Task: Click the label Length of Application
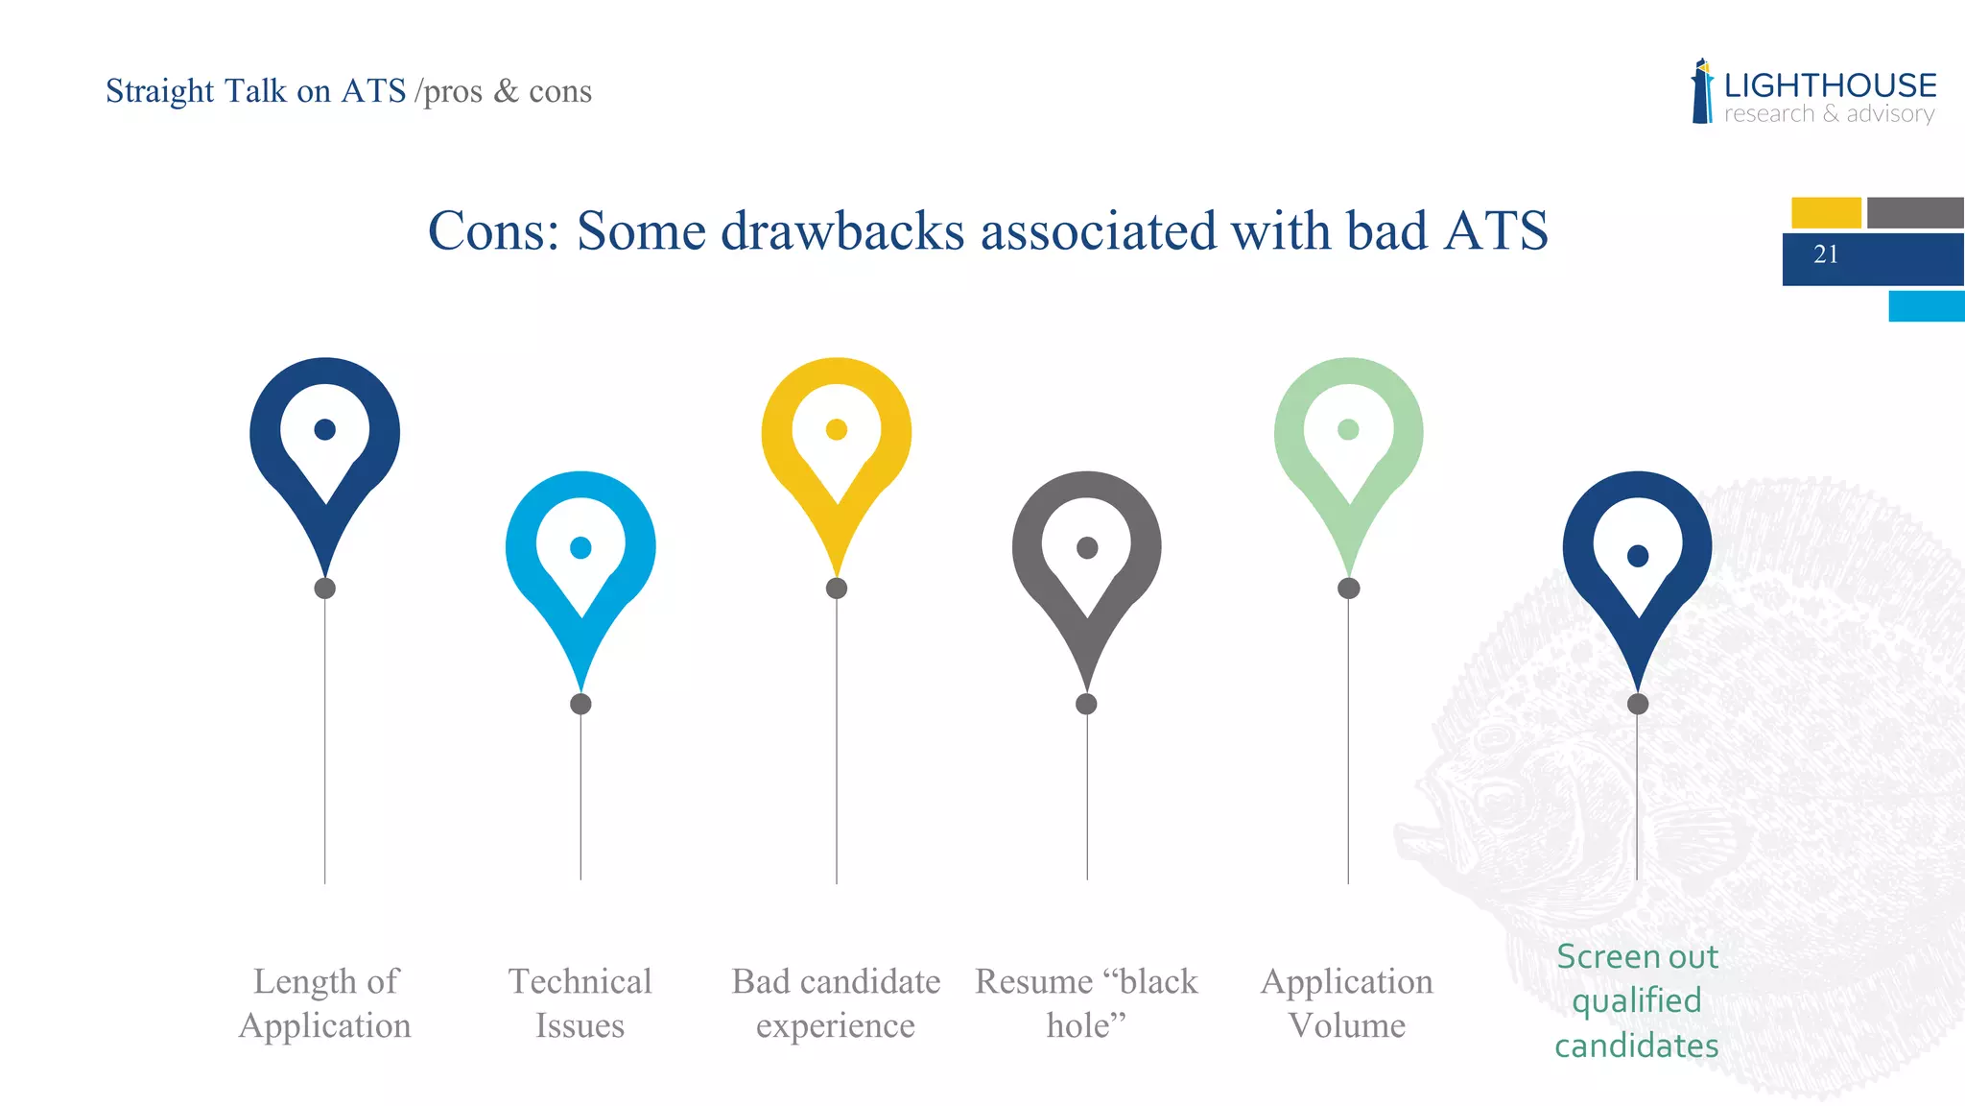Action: (325, 1003)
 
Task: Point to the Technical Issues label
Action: (580, 1003)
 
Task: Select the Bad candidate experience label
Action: (836, 1003)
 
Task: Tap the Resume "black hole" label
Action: (1086, 1003)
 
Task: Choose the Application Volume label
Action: (1347, 1003)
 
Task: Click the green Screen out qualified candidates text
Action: (1637, 1000)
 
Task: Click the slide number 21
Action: (1826, 254)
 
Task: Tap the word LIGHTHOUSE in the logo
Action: (1830, 86)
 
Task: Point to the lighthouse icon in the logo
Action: (1702, 92)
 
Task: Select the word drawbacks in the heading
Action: (842, 231)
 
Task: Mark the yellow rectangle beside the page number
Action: (1826, 212)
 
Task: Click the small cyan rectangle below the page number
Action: (1927, 306)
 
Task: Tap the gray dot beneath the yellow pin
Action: (837, 589)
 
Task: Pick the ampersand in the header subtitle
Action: (506, 91)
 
